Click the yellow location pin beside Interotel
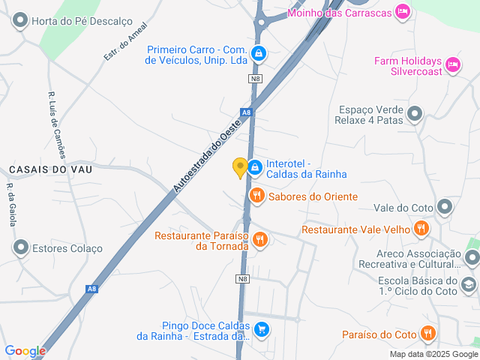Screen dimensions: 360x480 coord(240,167)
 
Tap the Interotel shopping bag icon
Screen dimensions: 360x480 coord(255,166)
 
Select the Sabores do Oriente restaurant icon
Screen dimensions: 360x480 coord(257,196)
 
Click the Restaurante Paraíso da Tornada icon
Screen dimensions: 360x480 coord(260,239)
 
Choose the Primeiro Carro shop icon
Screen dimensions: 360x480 coord(259,53)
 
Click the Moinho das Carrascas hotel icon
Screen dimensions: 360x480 coord(403,10)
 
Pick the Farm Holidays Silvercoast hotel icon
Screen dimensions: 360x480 coord(452,65)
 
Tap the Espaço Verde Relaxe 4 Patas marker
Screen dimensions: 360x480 coord(415,114)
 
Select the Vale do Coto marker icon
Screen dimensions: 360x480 coord(445,207)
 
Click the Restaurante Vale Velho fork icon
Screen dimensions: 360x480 coord(422,229)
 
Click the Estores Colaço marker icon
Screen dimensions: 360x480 coord(20,247)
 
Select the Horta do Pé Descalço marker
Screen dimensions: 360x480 coord(20,21)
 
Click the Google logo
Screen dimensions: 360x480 coord(25,350)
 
